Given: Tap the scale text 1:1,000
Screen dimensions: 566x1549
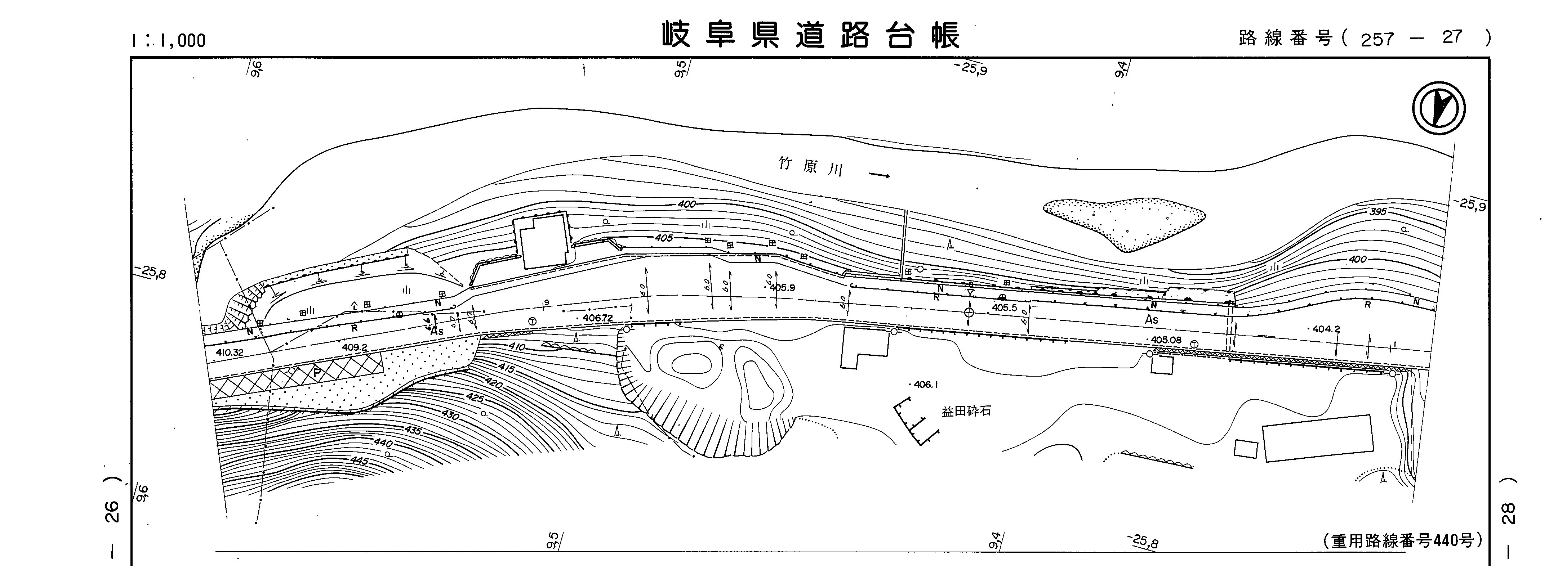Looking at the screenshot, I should point(168,40).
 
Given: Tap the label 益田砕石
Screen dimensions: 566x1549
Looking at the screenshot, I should point(966,412).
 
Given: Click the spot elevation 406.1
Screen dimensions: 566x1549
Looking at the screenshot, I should point(925,385).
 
